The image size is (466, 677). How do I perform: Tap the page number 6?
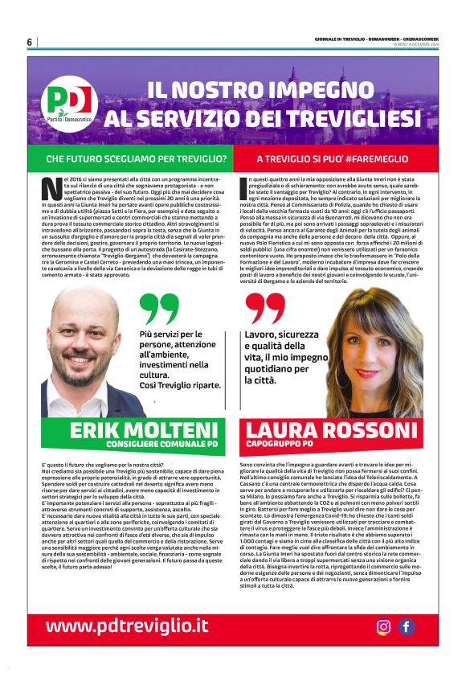(x=29, y=42)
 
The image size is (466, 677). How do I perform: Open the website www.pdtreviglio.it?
(x=127, y=626)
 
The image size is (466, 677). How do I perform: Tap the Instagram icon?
(x=384, y=626)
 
